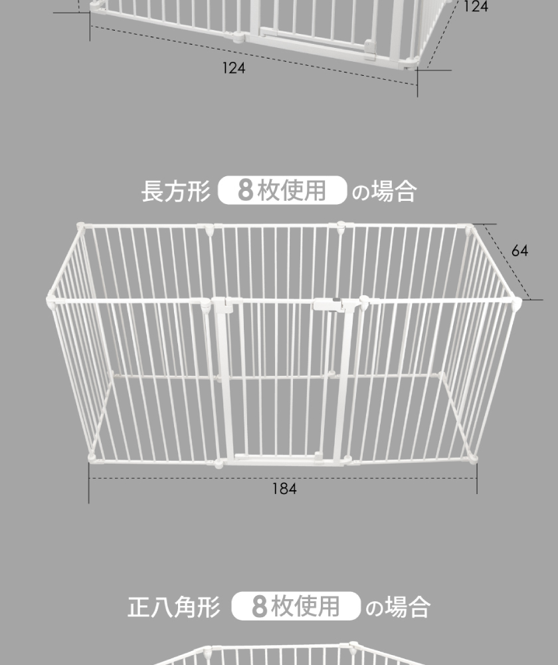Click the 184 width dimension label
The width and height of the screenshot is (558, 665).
click(x=284, y=489)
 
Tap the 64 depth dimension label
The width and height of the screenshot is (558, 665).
click(x=519, y=251)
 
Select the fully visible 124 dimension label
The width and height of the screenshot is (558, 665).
click(x=233, y=68)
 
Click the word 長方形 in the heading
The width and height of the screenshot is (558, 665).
click(x=176, y=192)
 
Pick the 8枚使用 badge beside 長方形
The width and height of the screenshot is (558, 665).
click(x=282, y=190)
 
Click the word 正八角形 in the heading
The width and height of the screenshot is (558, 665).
click(x=174, y=607)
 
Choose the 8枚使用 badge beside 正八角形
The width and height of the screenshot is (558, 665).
click(x=296, y=606)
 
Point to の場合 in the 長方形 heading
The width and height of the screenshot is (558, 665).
click(x=384, y=192)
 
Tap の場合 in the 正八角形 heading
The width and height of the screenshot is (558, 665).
click(x=397, y=607)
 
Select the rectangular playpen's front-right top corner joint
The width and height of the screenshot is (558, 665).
click(x=516, y=303)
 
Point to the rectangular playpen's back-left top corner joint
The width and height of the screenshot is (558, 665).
click(x=80, y=226)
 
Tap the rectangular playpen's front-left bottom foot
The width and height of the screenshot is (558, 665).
click(x=91, y=458)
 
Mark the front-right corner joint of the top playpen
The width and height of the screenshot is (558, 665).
click(x=411, y=63)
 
